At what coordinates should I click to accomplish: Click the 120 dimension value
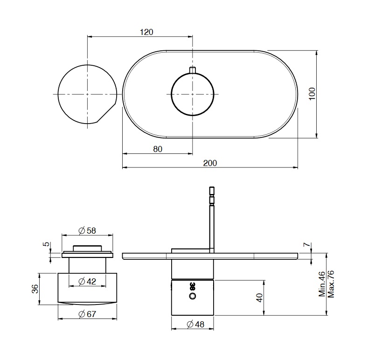pos(146,32)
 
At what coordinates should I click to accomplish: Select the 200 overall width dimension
pos(210,163)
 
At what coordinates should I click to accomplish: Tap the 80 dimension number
pos(158,149)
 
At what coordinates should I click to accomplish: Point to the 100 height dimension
pos(312,94)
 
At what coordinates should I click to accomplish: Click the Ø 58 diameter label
pos(87,230)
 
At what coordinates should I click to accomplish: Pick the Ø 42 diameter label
pos(87,281)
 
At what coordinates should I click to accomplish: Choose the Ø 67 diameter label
pos(87,314)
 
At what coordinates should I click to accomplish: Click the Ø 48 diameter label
pos(195,325)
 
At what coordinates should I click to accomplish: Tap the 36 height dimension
pos(35,289)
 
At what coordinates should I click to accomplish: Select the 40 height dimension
pos(260,298)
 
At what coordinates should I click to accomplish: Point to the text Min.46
pos(322,284)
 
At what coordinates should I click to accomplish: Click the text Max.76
pos(330,284)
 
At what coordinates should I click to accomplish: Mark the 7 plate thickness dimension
pos(307,244)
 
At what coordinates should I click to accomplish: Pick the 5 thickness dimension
pos(47,244)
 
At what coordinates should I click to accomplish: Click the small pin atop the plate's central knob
pos(193,70)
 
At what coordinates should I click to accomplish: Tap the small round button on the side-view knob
pos(193,296)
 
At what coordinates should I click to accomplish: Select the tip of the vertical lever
pos(212,187)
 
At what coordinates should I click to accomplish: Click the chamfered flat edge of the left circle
pos(107,112)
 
